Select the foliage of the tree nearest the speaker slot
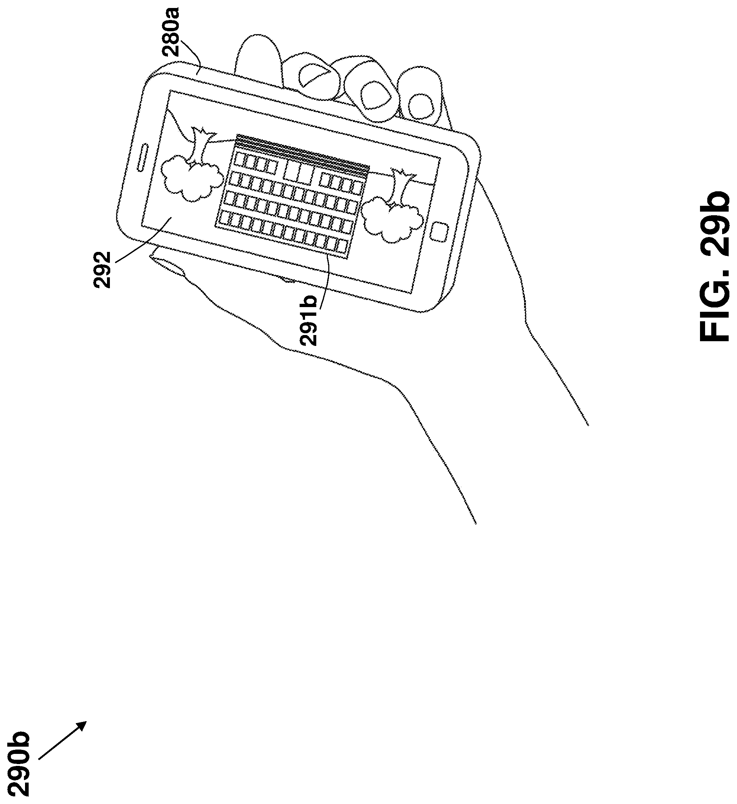(x=191, y=177)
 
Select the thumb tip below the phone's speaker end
(x=168, y=264)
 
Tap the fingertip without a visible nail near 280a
(x=255, y=56)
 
